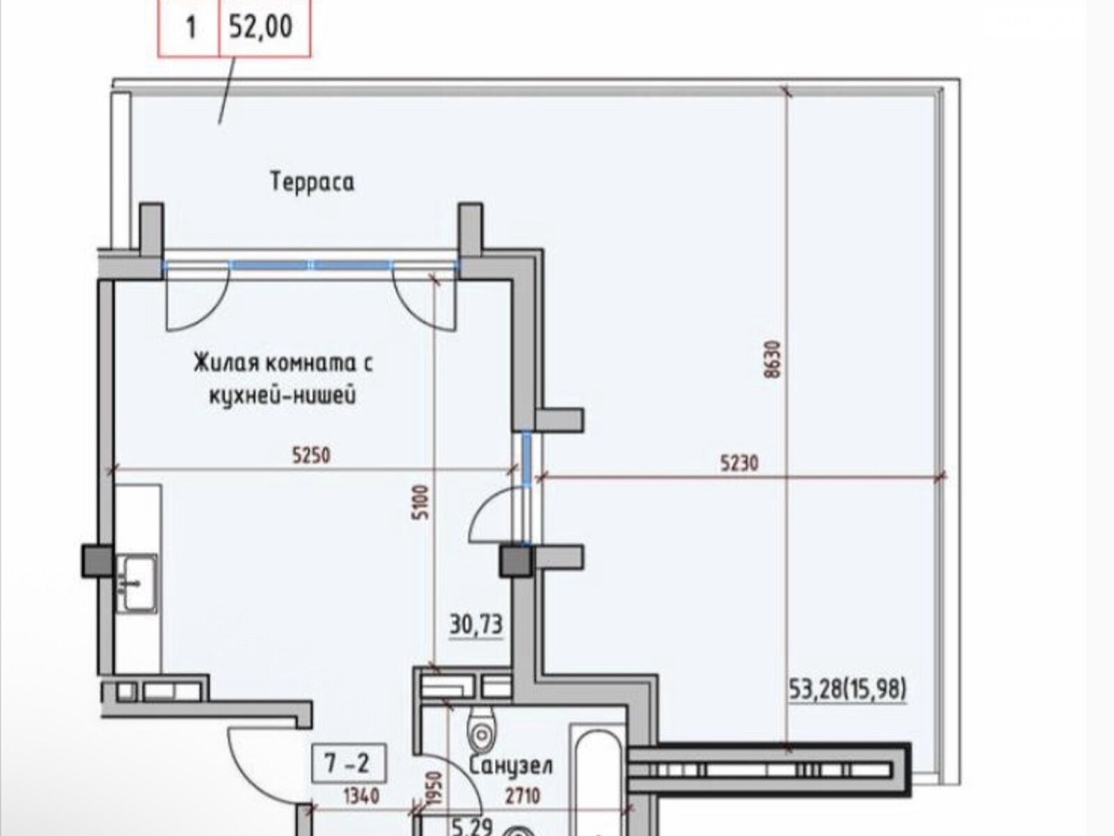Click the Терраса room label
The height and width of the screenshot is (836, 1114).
click(x=312, y=182)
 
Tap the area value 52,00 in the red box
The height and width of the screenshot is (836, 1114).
click(x=261, y=26)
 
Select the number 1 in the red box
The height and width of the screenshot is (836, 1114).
click(x=191, y=27)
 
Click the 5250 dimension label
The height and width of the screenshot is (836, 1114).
click(x=311, y=456)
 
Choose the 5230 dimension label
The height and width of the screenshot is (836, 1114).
click(x=739, y=463)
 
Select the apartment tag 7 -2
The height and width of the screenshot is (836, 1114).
click(x=348, y=763)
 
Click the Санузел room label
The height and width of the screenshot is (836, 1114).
click(x=510, y=765)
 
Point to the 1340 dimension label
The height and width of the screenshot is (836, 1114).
click(x=361, y=796)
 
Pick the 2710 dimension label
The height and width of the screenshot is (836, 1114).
click(x=521, y=796)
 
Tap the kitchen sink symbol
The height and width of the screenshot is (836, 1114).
click(x=136, y=582)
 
